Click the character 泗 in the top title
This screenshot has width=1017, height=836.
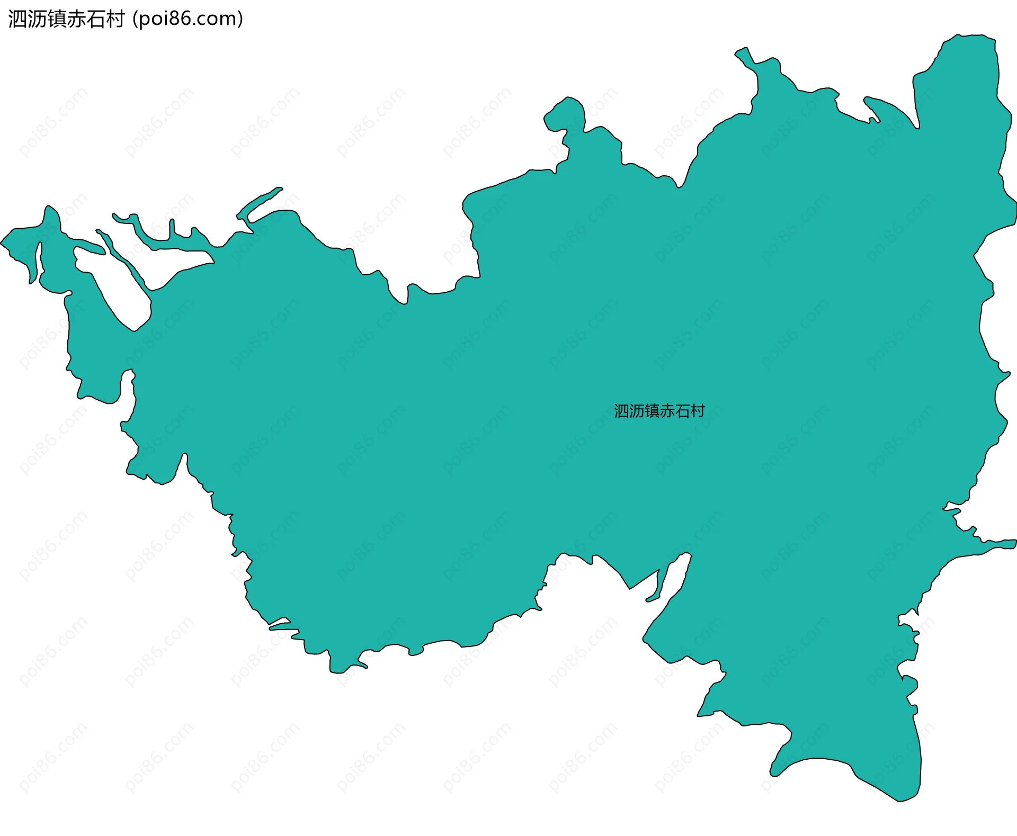click(17, 19)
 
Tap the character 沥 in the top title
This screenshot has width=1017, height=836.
click(37, 19)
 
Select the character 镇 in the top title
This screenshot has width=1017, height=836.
click(56, 19)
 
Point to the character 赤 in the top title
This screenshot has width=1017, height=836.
click(76, 19)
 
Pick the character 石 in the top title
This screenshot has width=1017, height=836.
click(95, 19)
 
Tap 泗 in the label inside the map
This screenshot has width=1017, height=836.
click(621, 411)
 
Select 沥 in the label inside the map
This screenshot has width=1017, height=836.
click(637, 411)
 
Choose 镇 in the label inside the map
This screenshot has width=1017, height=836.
click(652, 411)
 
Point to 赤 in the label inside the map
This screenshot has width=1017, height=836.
click(667, 411)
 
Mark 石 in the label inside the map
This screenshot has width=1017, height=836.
click(683, 411)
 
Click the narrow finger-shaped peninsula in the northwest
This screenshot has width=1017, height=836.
click(260, 202)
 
